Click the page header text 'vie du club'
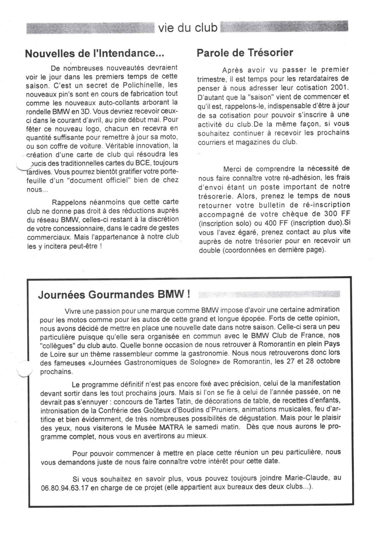coord(188,28)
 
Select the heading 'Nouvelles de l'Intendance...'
coord(94,53)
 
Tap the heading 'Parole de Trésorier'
coord(245,52)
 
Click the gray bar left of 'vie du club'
coord(90,28)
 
